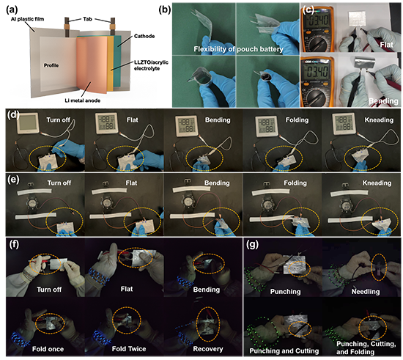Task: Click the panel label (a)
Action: tap(12, 10)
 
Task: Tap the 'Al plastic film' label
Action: tap(27, 19)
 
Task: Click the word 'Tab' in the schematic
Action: tap(87, 19)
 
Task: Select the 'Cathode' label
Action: tap(144, 36)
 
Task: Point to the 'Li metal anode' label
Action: tap(82, 100)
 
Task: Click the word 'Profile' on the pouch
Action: tap(51, 65)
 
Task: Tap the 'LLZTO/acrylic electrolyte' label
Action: tap(151, 65)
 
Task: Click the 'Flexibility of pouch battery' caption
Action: tap(238, 49)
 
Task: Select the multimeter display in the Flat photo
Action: tap(318, 21)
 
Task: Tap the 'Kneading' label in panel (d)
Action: tap(379, 120)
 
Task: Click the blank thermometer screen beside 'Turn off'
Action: tap(28, 123)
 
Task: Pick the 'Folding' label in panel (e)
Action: tap(295, 183)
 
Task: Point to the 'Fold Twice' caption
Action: tap(129, 349)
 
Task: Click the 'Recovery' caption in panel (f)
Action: tap(208, 349)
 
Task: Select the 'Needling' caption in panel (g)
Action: tap(366, 291)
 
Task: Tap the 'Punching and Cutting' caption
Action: tap(284, 350)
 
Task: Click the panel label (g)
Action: tap(252, 245)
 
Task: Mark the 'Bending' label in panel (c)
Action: tap(383, 101)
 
